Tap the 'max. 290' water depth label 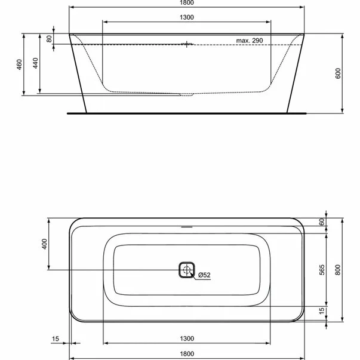[x=249, y=40]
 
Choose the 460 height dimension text [x=19, y=63]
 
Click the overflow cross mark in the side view [x=187, y=44]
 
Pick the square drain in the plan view [x=187, y=270]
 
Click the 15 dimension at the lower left [x=56, y=339]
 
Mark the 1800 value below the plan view [x=187, y=354]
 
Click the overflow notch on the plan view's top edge [x=187, y=227]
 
